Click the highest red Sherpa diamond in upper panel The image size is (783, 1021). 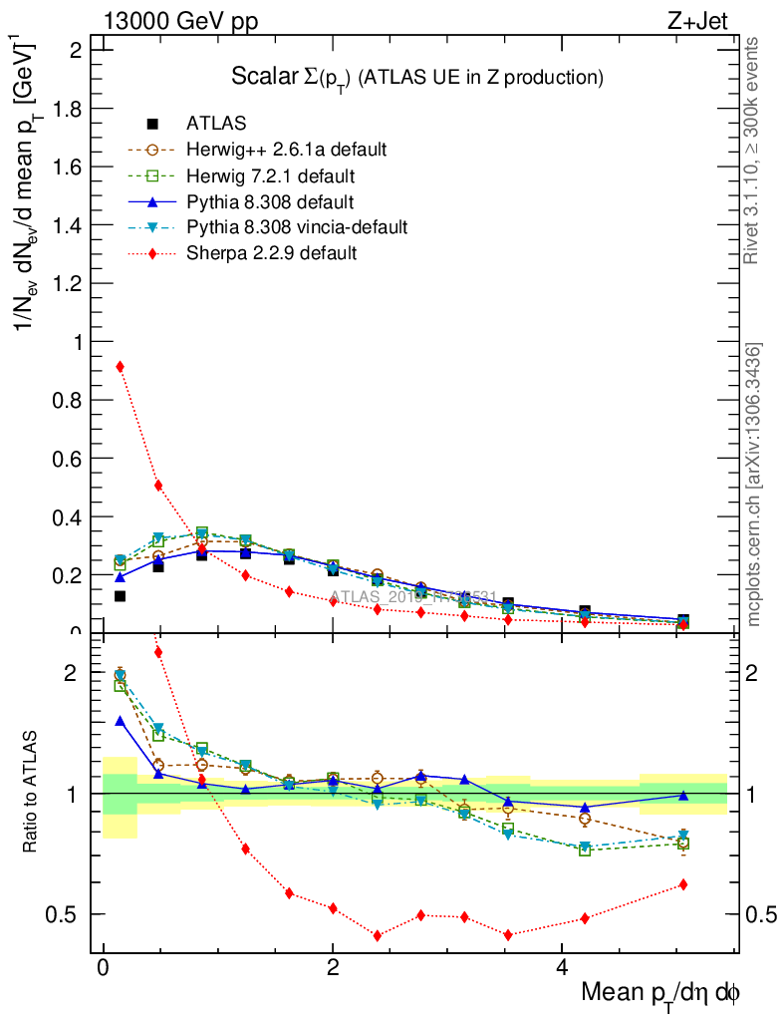point(121,366)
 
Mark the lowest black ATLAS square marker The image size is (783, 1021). point(121,596)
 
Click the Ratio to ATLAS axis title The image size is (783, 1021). point(31,794)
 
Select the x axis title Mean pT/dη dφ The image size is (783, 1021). point(660,993)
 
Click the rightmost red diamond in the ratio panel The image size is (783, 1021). point(682,884)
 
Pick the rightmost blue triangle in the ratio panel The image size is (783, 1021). point(682,795)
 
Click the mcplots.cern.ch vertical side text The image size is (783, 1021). point(754,485)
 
